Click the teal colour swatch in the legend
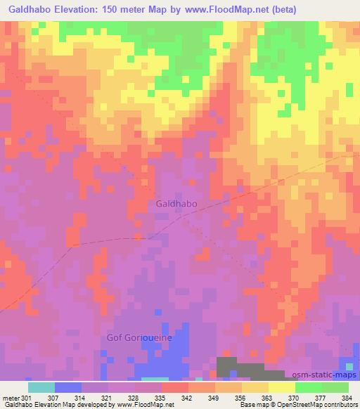(41, 387)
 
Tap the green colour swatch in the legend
(308, 387)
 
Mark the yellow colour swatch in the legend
(281, 387)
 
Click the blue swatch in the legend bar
(68, 387)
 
